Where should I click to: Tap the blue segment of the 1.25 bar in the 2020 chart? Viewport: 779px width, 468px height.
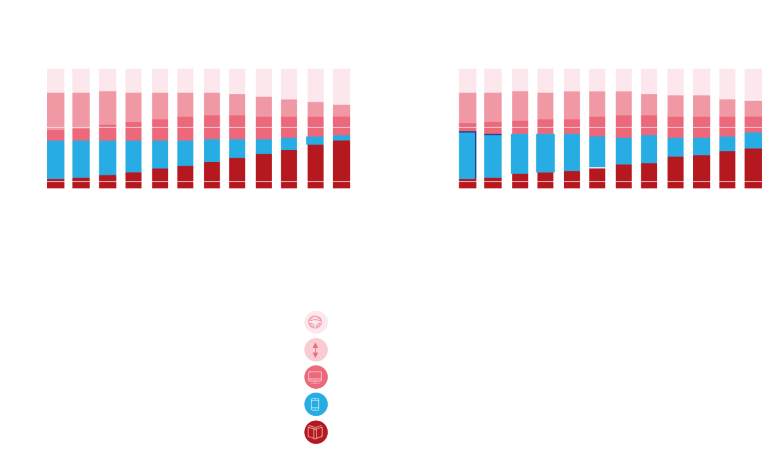click(520, 154)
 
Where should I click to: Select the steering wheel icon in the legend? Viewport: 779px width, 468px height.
click(315, 322)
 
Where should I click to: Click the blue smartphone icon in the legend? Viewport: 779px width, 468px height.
click(315, 405)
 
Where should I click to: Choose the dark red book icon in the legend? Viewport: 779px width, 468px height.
click(315, 432)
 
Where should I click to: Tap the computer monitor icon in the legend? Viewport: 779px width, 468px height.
click(315, 377)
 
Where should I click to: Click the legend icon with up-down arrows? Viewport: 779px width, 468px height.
click(315, 350)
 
